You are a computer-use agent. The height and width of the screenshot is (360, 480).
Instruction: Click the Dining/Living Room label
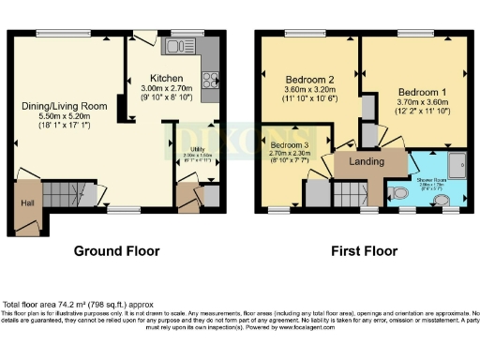tap(64, 106)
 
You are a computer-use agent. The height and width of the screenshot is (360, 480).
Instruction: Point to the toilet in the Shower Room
tap(399, 193)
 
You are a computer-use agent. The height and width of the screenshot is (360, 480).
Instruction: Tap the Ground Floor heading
tap(118, 251)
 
